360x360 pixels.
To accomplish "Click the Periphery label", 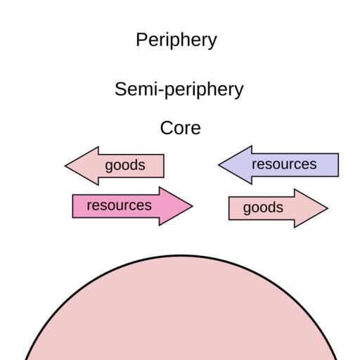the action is tap(176, 40).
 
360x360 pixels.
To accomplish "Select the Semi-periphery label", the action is tap(179, 90).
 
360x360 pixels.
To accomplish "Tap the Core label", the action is tap(181, 128).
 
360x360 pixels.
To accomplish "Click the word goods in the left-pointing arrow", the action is tap(125, 165).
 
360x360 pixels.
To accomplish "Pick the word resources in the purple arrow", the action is tap(284, 164).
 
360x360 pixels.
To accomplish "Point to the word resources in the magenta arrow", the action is tap(119, 205).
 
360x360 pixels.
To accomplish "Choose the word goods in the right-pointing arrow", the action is tap(263, 208).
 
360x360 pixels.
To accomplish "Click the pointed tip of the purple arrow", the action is tap(219, 165).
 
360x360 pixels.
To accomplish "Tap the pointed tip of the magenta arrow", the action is tap(193, 206).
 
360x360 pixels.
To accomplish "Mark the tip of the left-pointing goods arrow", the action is tap(65, 166).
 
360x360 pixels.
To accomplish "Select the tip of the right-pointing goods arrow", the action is tap(328, 208).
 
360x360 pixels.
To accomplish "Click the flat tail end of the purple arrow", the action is tap(338, 165).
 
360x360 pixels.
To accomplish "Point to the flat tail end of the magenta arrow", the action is tap(72, 206).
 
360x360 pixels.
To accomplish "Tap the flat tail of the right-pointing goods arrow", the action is tap(229, 208).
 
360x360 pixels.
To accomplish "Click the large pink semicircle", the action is tap(181, 311).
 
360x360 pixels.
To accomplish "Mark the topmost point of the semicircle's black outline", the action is tap(181, 255).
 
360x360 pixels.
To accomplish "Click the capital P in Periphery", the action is tap(142, 39).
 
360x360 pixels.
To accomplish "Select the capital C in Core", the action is tap(167, 128).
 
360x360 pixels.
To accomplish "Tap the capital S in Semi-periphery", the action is tap(121, 89).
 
